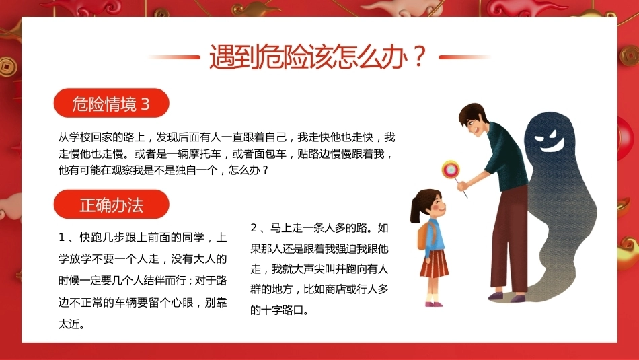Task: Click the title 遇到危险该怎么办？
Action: click(x=317, y=57)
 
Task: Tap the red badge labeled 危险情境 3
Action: click(x=111, y=103)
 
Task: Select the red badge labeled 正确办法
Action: click(x=111, y=205)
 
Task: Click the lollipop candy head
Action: click(x=451, y=170)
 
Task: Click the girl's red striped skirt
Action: click(x=434, y=264)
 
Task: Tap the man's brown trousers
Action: click(x=509, y=240)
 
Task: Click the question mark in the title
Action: click(x=418, y=57)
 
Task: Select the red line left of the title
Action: click(x=174, y=57)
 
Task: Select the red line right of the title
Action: click(x=465, y=57)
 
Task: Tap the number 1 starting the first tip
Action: click(x=61, y=238)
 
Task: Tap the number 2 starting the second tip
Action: click(x=254, y=227)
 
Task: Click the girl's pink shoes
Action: click(x=434, y=303)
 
